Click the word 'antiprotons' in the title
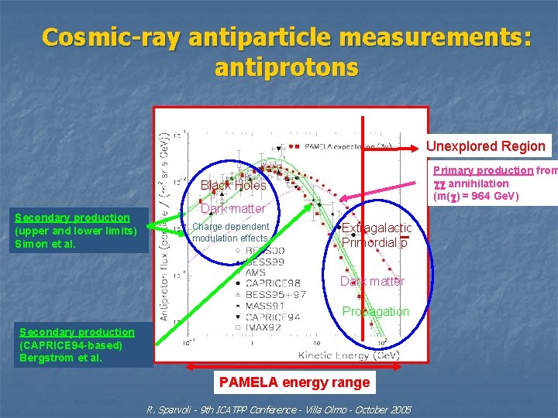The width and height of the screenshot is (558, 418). coord(287,67)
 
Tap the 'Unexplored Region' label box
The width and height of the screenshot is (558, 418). coord(487,146)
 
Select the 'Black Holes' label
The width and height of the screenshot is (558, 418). coord(233,185)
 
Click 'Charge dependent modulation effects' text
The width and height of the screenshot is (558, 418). coord(230,232)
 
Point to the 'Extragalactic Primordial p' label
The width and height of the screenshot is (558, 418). coord(376,235)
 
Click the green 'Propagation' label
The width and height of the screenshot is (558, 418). coord(376,311)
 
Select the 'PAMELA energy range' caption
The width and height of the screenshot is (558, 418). coord(294,382)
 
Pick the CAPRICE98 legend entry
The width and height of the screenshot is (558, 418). coord(273,284)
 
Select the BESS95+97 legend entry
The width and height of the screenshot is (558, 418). coord(275,295)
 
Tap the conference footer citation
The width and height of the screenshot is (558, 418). coord(279,409)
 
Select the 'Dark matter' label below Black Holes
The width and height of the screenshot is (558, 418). coord(232,208)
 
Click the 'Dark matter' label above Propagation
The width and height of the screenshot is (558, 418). coord(372,282)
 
